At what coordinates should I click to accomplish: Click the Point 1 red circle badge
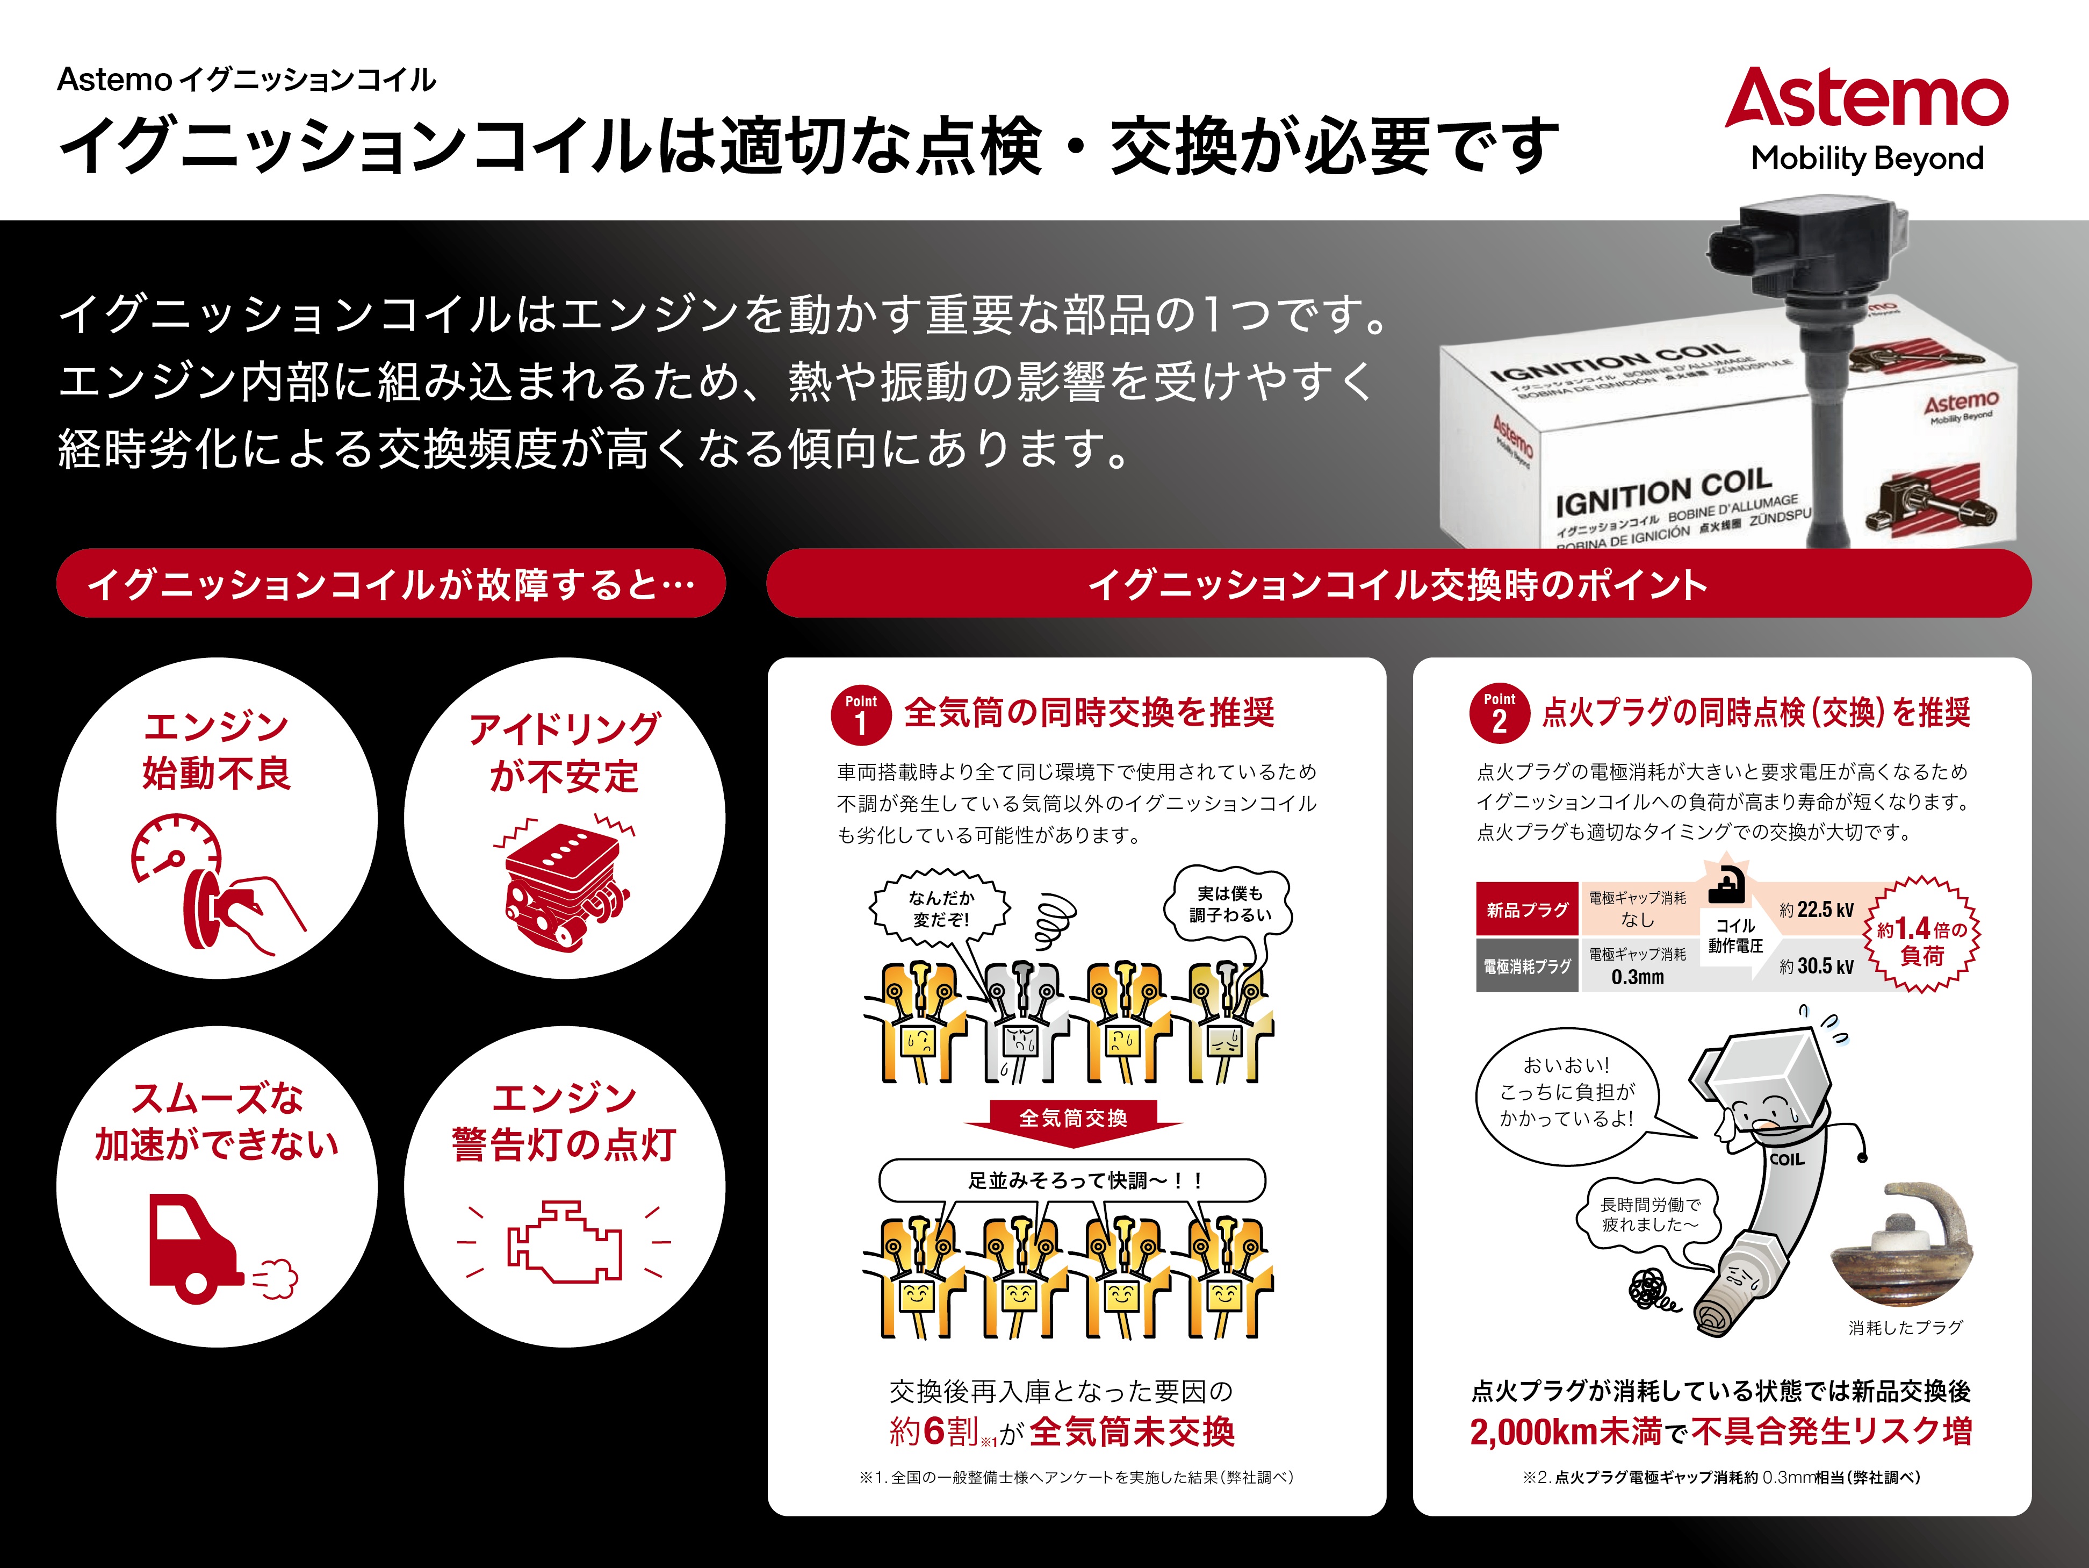(860, 715)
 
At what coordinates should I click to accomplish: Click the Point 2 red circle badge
(1499, 714)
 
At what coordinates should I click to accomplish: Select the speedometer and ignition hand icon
(215, 883)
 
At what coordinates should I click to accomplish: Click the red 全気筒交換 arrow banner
(1073, 1119)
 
